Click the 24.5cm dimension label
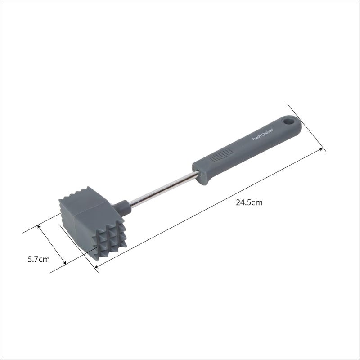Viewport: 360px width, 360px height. pos(249,202)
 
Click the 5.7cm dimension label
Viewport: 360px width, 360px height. pos(38,259)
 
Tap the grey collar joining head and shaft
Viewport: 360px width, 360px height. pos(121,207)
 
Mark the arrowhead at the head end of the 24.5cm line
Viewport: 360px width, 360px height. pos(97,268)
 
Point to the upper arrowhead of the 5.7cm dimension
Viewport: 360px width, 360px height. pos(40,226)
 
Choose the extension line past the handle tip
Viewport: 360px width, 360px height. pos(306,127)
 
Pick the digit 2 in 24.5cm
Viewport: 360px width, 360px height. pos(238,202)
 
